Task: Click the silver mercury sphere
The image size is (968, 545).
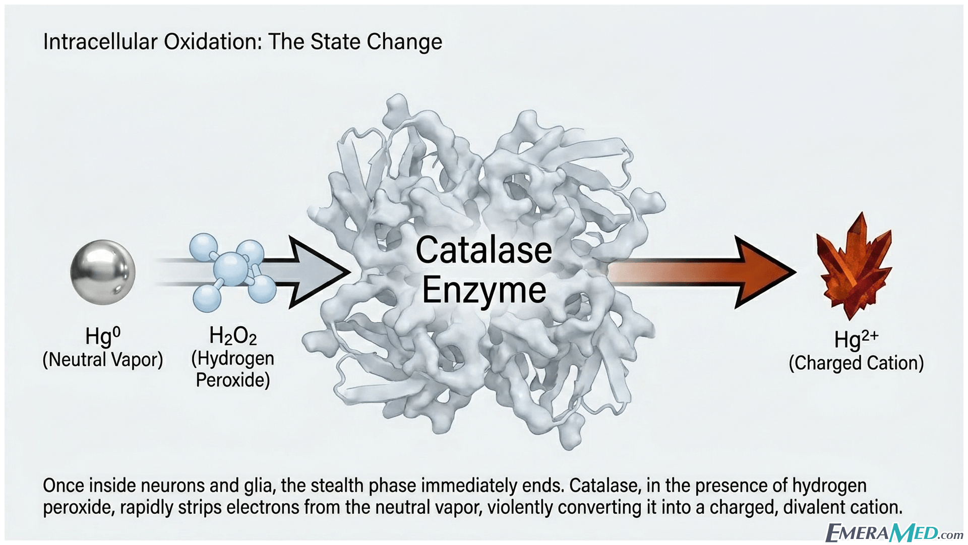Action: click(x=103, y=272)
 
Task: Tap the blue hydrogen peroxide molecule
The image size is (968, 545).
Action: click(x=232, y=272)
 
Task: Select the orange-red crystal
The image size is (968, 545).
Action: click(x=855, y=266)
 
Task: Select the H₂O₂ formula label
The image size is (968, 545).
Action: click(x=233, y=335)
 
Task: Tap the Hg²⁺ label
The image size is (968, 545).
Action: click(x=856, y=339)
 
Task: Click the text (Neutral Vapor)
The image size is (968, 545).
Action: click(x=103, y=360)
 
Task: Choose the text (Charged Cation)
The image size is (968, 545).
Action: click(x=856, y=363)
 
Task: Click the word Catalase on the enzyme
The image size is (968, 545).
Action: click(x=483, y=250)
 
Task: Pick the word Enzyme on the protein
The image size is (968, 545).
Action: click(x=484, y=291)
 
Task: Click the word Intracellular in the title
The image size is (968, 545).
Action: click(x=100, y=41)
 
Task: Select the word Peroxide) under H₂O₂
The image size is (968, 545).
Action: click(x=233, y=379)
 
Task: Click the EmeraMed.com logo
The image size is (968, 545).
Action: click(x=894, y=532)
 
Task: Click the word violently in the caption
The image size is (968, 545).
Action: click(x=519, y=507)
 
